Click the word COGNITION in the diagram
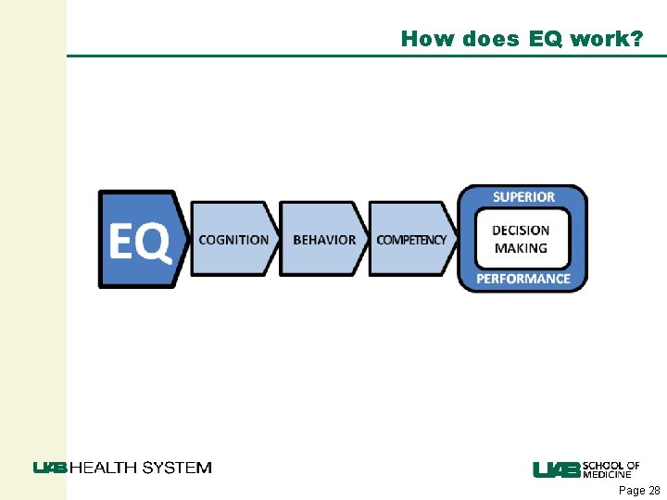233,240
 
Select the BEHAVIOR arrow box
323,240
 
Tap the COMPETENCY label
411,240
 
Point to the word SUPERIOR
523,197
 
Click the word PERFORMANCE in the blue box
523,279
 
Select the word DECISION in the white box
521,231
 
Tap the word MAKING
521,248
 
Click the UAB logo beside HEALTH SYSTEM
50,468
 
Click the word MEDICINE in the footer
608,475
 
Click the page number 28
654,491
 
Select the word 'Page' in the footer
632,491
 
